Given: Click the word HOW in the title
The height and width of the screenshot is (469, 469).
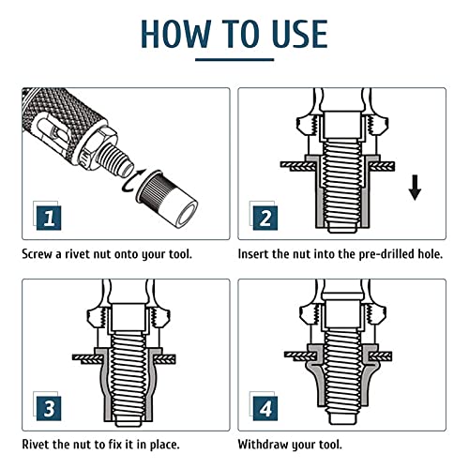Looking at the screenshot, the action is coord(175,34).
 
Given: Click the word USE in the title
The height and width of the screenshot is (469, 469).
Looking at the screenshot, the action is coord(300,34).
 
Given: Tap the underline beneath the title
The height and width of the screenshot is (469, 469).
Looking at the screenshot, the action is coord(234,59).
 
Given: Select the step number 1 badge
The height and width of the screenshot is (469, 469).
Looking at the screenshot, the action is coord(49,218).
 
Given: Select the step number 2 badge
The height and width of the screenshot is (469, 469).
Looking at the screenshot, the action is coord(265,218).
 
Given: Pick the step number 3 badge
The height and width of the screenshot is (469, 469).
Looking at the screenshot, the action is coord(49,408).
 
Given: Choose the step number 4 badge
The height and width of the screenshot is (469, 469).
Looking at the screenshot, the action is coord(265,408).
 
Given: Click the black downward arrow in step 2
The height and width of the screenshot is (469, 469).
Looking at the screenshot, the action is coord(415,188).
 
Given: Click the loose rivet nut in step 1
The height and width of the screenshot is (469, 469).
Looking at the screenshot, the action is coord(167,198).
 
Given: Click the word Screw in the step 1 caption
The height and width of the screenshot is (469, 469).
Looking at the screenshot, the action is coord(37,254).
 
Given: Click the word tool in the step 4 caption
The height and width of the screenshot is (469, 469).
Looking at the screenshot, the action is coord(330,445).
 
